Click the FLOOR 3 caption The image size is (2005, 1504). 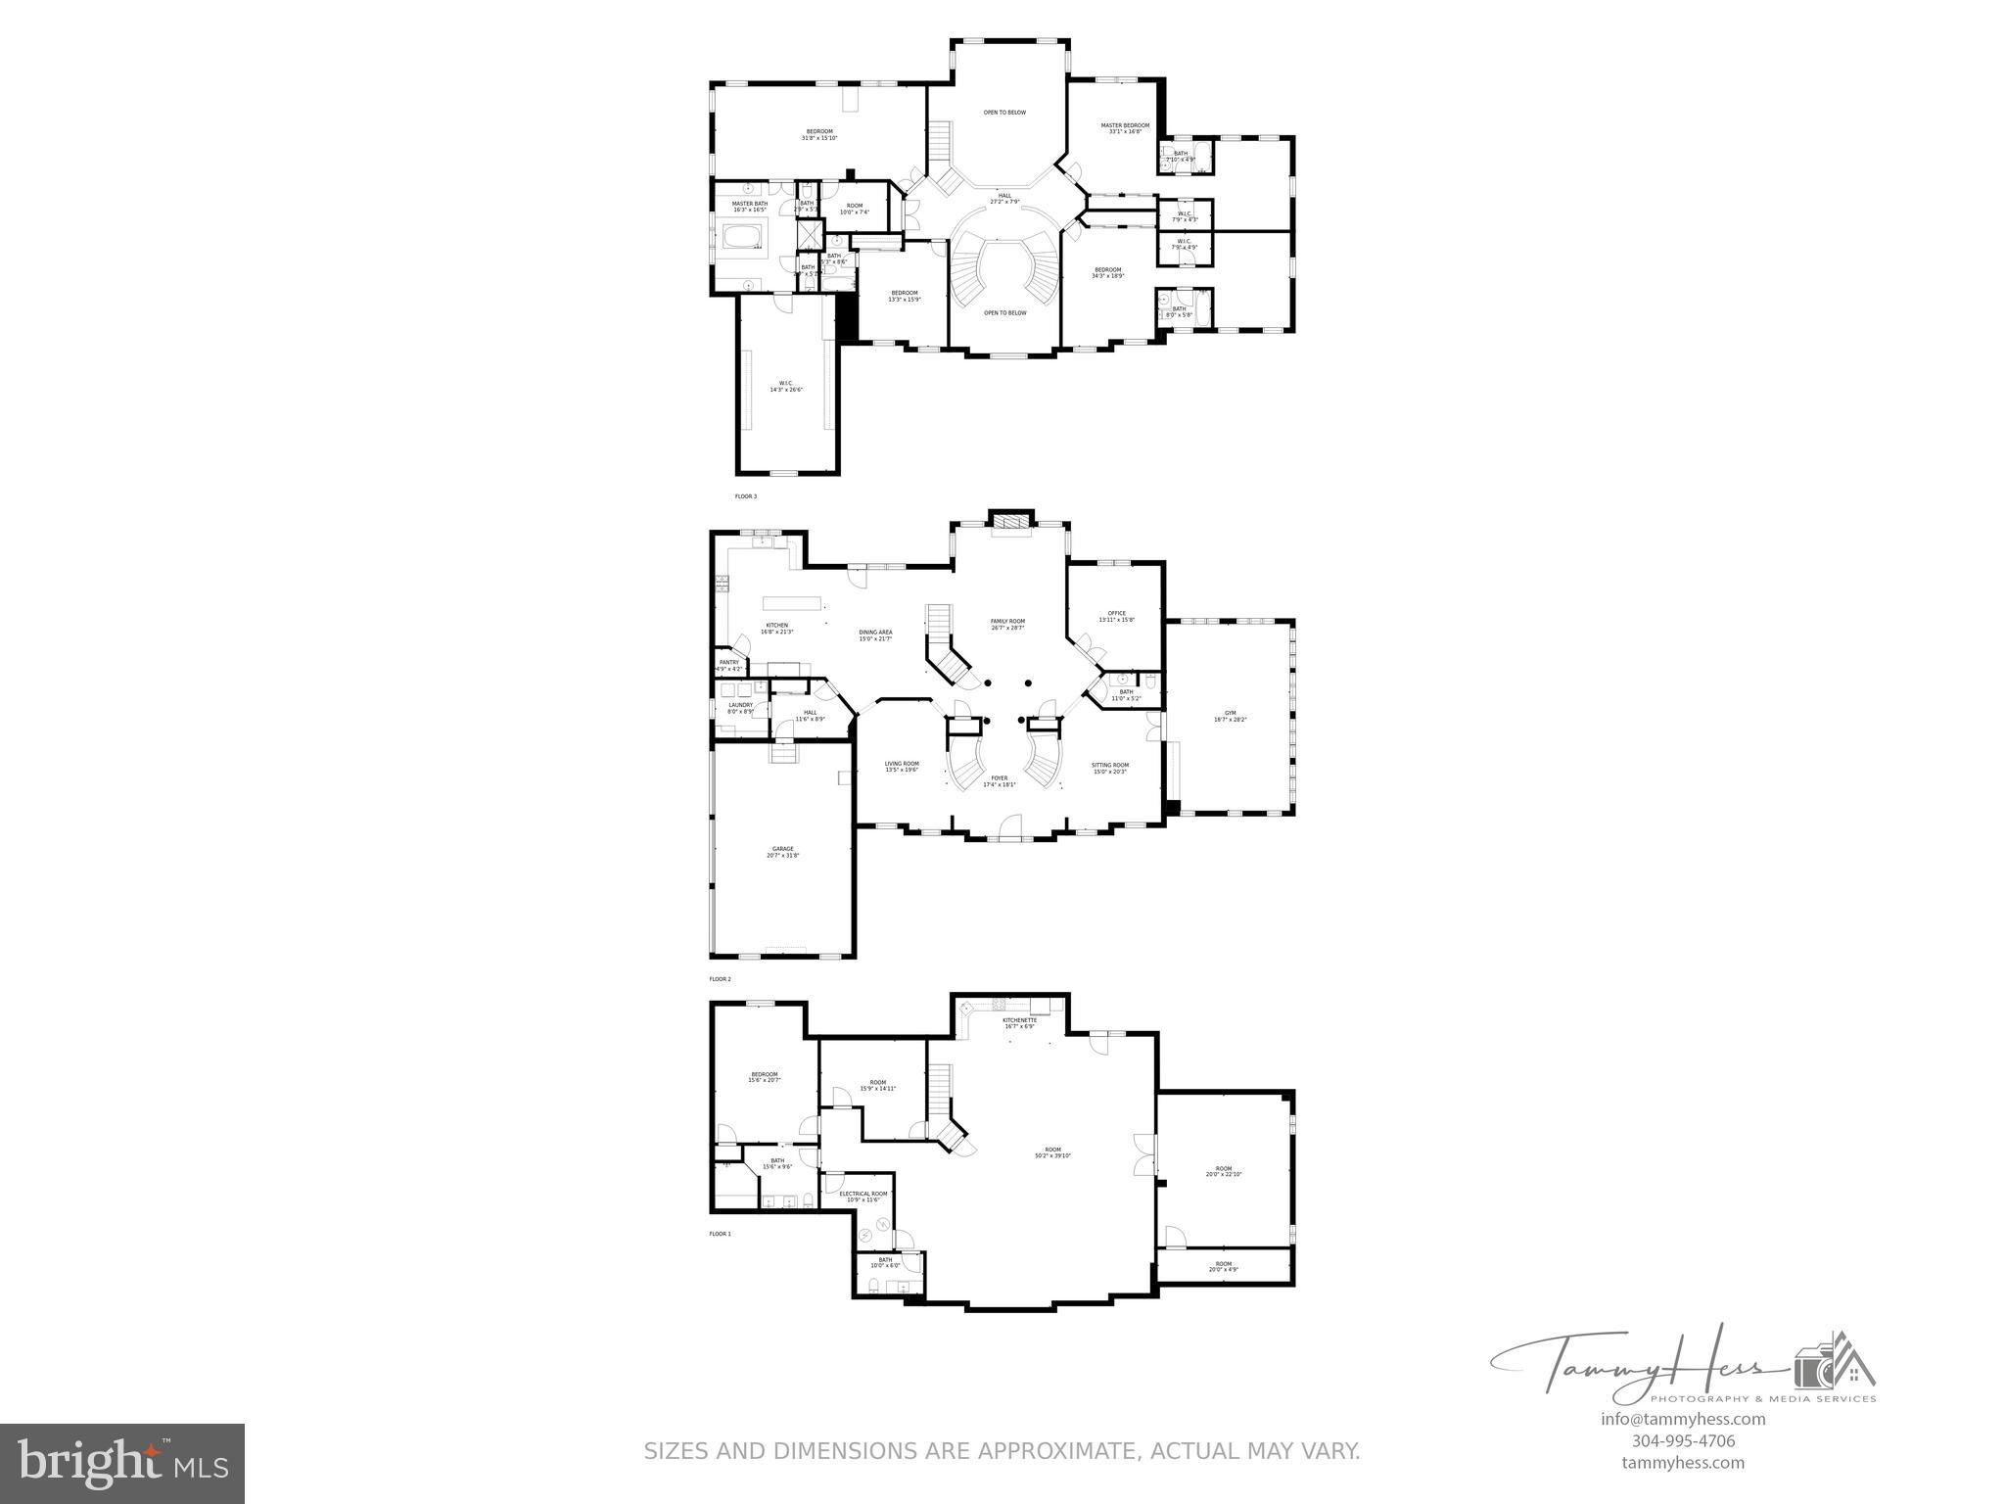pyautogui.click(x=746, y=496)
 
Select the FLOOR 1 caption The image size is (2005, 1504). pyautogui.click(x=720, y=1234)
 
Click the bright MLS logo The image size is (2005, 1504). pyautogui.click(x=122, y=1464)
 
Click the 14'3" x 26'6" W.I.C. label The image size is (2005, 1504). pyautogui.click(x=785, y=386)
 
